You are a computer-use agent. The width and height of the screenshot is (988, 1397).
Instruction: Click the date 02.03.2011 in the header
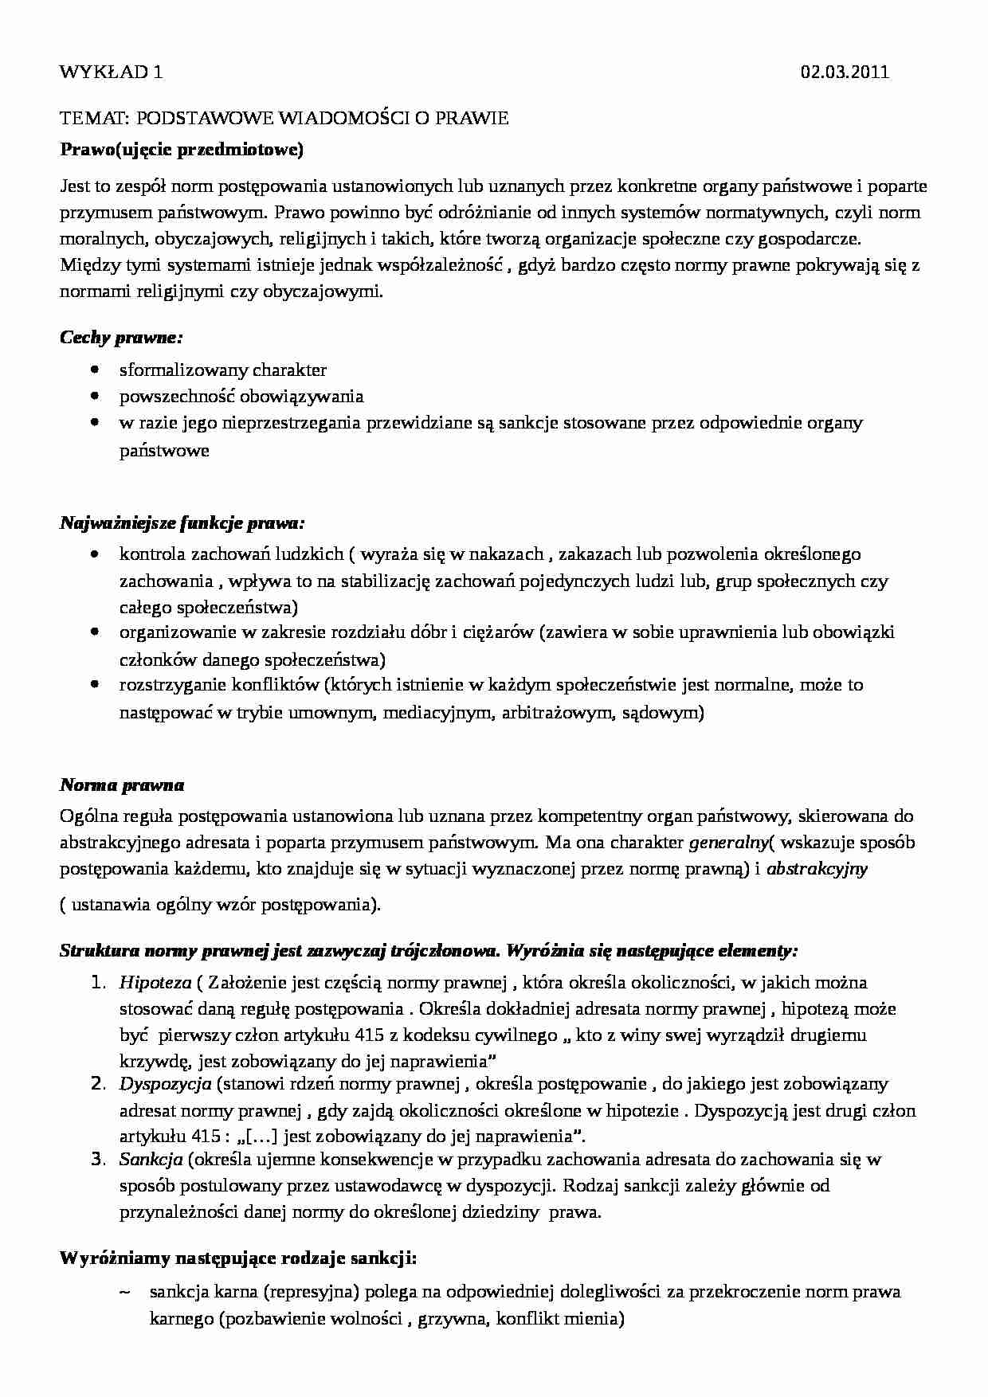[845, 72]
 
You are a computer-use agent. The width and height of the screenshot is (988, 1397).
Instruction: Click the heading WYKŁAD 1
[111, 72]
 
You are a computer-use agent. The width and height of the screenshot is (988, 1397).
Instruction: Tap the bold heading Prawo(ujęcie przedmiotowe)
[182, 149]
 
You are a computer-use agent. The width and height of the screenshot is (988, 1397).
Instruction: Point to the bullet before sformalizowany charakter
[96, 370]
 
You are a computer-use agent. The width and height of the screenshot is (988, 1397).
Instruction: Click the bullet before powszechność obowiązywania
[96, 396]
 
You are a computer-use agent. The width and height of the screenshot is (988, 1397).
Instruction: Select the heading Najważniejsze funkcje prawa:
[182, 524]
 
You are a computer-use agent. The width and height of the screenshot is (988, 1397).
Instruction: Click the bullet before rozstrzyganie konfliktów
[96, 684]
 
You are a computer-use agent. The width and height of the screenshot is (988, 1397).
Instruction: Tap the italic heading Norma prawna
[122, 785]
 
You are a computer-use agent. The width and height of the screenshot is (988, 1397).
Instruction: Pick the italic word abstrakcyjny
[817, 869]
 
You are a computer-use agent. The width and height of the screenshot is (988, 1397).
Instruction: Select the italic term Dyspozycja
[165, 1083]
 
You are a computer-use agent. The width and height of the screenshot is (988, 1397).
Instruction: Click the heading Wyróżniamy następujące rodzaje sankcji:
[238, 1259]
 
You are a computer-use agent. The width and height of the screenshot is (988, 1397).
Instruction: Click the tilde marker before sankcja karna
[124, 1291]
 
